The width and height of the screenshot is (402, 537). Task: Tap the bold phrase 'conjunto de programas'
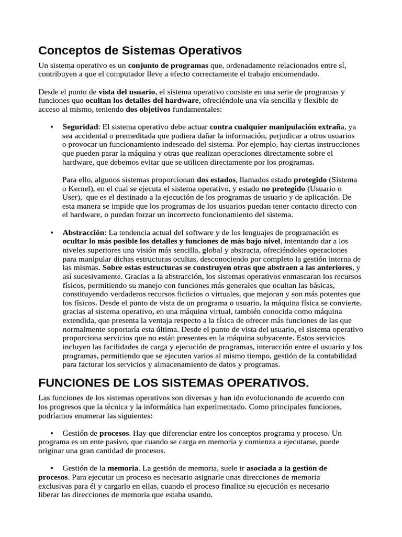pyautogui.click(x=168, y=66)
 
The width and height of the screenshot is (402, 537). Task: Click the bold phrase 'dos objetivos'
pyautogui.click(x=148, y=110)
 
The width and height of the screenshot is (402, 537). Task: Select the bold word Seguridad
pyautogui.click(x=80, y=127)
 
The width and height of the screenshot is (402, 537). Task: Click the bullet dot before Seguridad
pyautogui.click(x=52, y=127)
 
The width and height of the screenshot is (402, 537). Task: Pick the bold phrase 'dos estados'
pyautogui.click(x=216, y=179)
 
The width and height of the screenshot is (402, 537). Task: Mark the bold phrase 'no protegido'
pyautogui.click(x=283, y=188)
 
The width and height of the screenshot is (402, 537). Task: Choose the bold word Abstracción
pyautogui.click(x=84, y=232)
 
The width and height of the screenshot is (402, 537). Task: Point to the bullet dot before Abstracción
pyautogui.click(x=52, y=232)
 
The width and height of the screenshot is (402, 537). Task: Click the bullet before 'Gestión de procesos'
pyautogui.click(x=52, y=434)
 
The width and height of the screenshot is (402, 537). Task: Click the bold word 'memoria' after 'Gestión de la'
pyautogui.click(x=123, y=468)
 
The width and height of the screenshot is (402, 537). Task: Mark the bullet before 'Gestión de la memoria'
pyautogui.click(x=52, y=468)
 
